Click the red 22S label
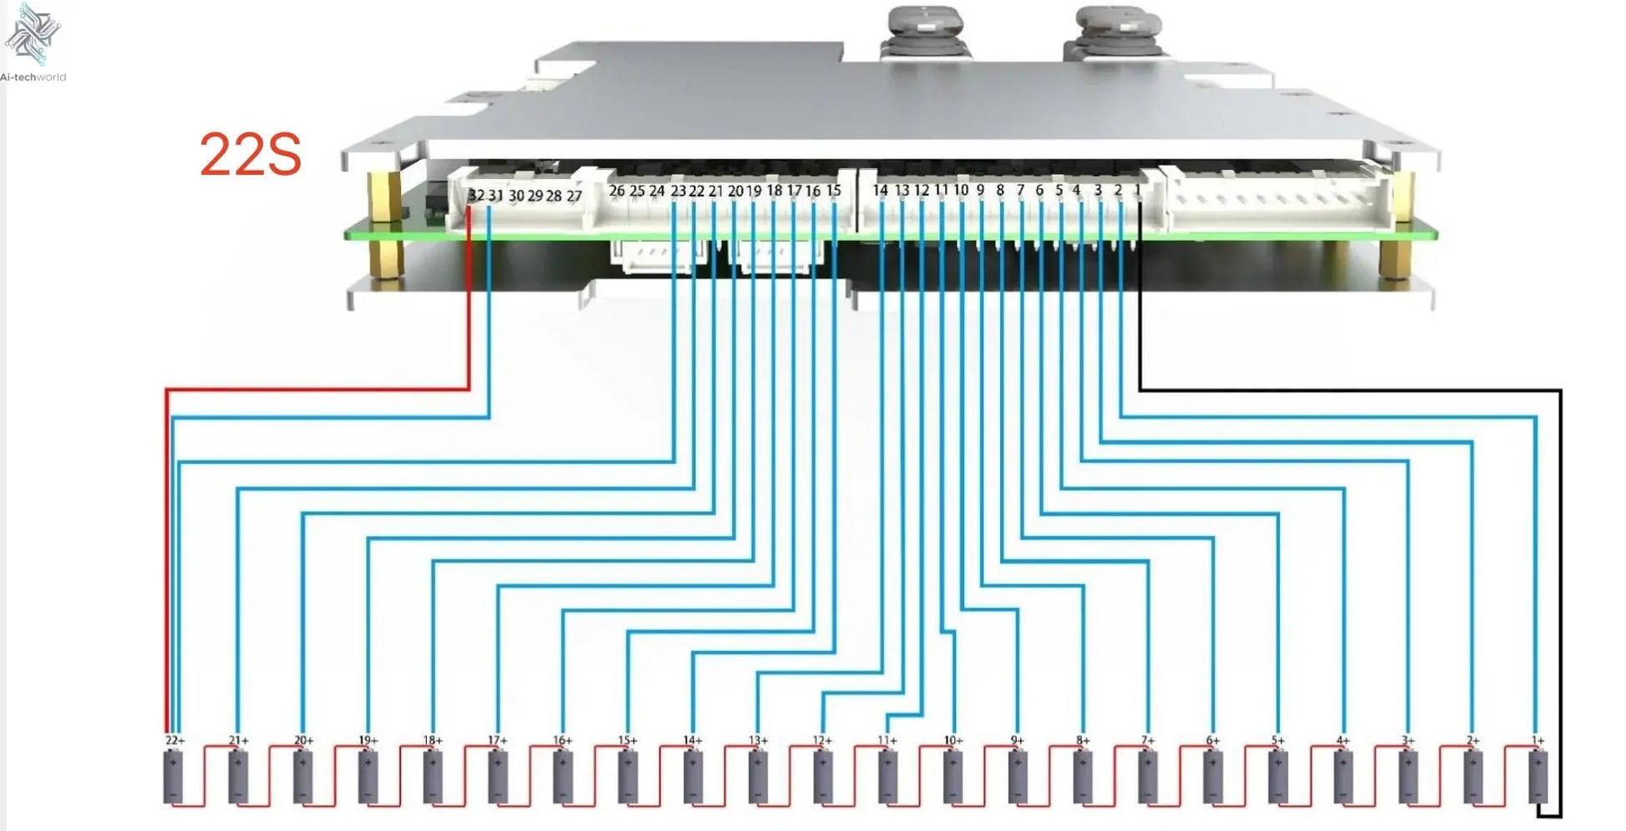coord(250,155)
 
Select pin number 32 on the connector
coord(475,195)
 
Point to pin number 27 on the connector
coord(574,196)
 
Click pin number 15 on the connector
coord(833,191)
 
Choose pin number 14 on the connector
coord(880,191)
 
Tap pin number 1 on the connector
coord(1137,191)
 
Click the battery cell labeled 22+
coord(174,777)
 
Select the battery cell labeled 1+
coord(1537,777)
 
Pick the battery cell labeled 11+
coord(887,777)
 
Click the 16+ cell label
coord(562,741)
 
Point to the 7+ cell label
coord(1148,741)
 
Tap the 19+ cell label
coord(368,741)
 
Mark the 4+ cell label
coord(1343,741)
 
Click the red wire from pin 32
coord(318,389)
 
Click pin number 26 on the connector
coord(617,191)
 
